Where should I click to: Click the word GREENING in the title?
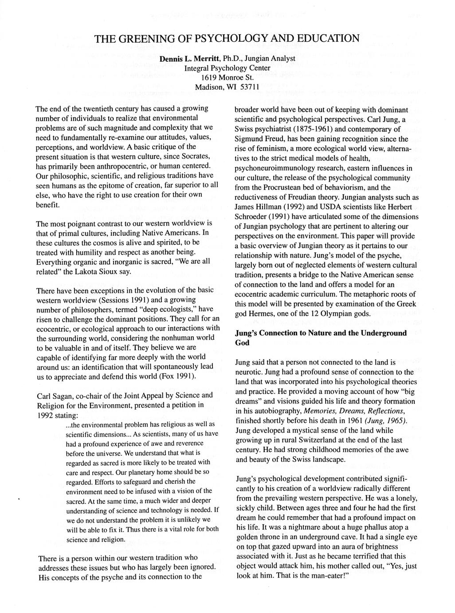[x=136, y=38]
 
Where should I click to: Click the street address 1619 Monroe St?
[x=227, y=77]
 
